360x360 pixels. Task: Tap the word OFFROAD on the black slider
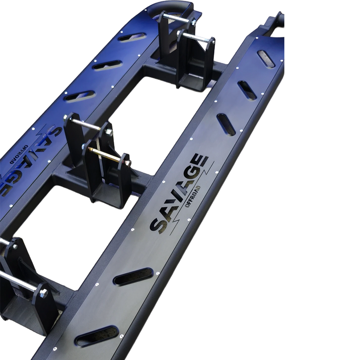pyautogui.click(x=193, y=195)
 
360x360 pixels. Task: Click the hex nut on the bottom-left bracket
pyautogui.click(x=44, y=293)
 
